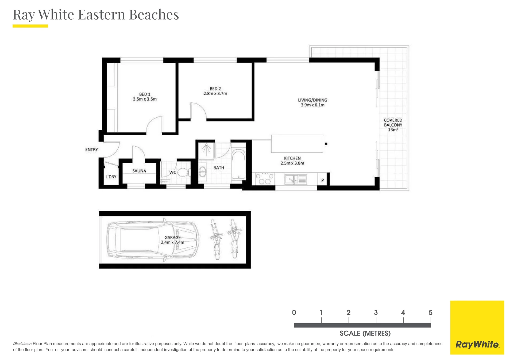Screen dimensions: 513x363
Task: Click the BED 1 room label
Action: pyautogui.click(x=145, y=94)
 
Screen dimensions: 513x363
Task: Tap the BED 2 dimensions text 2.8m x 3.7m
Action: pyautogui.click(x=215, y=93)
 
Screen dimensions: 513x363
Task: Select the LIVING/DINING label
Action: pyautogui.click(x=313, y=100)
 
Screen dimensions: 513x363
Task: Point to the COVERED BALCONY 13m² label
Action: pyautogui.click(x=393, y=125)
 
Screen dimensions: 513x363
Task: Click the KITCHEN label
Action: pyautogui.click(x=292, y=158)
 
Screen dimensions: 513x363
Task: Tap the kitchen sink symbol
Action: pyautogui.click(x=296, y=179)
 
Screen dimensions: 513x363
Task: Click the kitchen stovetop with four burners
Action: pyautogui.click(x=265, y=179)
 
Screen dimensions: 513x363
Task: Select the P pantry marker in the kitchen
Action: pyautogui.click(x=322, y=180)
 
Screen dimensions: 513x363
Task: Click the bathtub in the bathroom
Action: pyautogui.click(x=238, y=164)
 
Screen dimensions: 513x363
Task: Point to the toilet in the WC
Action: pyautogui.click(x=184, y=172)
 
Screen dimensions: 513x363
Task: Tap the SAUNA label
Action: pyautogui.click(x=139, y=171)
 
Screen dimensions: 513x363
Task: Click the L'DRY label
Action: pyautogui.click(x=111, y=177)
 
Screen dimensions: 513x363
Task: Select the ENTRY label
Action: pyautogui.click(x=91, y=150)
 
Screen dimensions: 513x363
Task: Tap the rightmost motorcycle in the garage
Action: pyautogui.click(x=234, y=239)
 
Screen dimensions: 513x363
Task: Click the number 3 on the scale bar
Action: pyautogui.click(x=376, y=312)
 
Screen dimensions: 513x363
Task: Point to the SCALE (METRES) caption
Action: pyautogui.click(x=365, y=333)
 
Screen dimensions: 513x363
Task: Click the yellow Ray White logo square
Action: pyautogui.click(x=477, y=327)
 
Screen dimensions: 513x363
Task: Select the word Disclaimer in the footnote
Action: pyautogui.click(x=22, y=344)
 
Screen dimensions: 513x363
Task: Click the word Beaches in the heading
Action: pyautogui.click(x=154, y=14)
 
